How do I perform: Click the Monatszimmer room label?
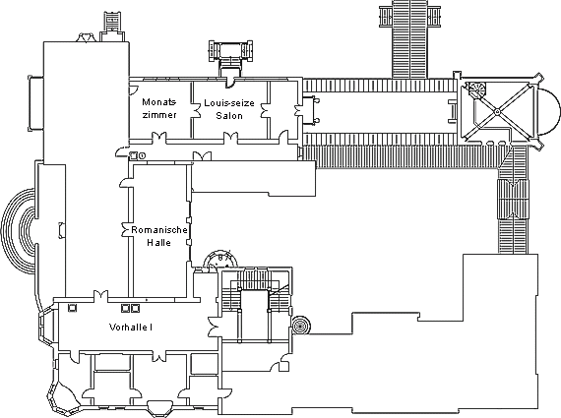(159, 108)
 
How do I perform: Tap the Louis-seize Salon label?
(229, 109)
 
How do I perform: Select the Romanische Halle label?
(159, 236)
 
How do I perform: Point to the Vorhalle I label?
(131, 328)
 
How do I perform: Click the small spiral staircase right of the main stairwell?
(300, 326)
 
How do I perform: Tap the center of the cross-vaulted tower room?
(497, 112)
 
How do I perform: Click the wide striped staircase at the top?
(409, 38)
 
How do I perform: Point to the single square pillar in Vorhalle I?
(72, 308)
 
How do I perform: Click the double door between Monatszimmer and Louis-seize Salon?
(195, 110)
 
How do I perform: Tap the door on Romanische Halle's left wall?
(125, 230)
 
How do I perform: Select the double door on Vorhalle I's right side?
(214, 327)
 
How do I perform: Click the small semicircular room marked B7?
(220, 260)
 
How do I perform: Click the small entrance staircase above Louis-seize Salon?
(230, 54)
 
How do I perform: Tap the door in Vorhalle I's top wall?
(101, 296)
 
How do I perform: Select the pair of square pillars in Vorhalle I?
(130, 308)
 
